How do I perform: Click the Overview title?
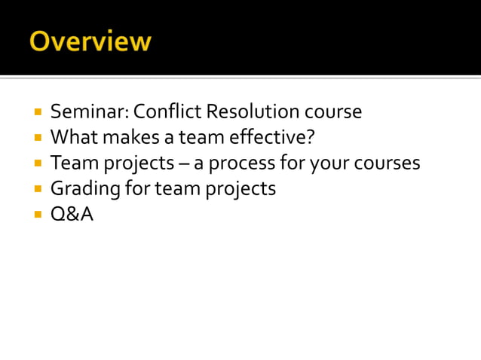pos(90,41)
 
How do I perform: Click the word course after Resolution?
pos(332,112)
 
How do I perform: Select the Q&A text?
pos(72,215)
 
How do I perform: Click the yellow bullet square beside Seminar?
pos(37,113)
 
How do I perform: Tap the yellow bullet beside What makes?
pos(37,139)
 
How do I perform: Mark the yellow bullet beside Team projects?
pos(37,164)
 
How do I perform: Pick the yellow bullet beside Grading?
pos(37,190)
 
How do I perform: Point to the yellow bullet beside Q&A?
pos(37,215)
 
